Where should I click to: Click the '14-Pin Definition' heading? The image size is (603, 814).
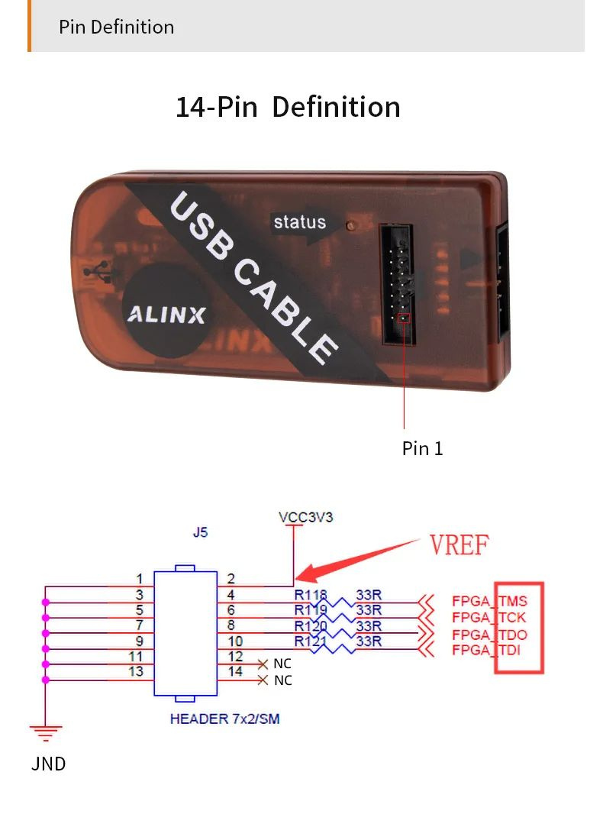[288, 107]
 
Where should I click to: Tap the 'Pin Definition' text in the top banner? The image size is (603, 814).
[116, 27]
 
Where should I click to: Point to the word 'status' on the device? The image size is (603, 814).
[299, 222]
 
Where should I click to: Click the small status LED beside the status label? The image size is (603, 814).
[350, 226]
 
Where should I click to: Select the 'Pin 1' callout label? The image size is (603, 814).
[422, 448]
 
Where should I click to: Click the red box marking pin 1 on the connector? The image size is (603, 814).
[404, 318]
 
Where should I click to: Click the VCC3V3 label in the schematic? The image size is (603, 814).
[305, 517]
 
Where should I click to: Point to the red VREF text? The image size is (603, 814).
[459, 545]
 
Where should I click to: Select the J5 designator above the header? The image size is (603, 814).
[200, 533]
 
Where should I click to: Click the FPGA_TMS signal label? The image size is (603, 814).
[489, 601]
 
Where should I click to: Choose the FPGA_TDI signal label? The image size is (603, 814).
[489, 651]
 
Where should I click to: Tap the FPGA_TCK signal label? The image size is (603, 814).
[489, 617]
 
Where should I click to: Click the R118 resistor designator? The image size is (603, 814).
[310, 595]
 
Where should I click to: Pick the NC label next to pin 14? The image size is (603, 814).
[282, 680]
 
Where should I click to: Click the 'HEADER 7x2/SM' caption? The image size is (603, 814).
[224, 719]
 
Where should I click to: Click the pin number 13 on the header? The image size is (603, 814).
[136, 672]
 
